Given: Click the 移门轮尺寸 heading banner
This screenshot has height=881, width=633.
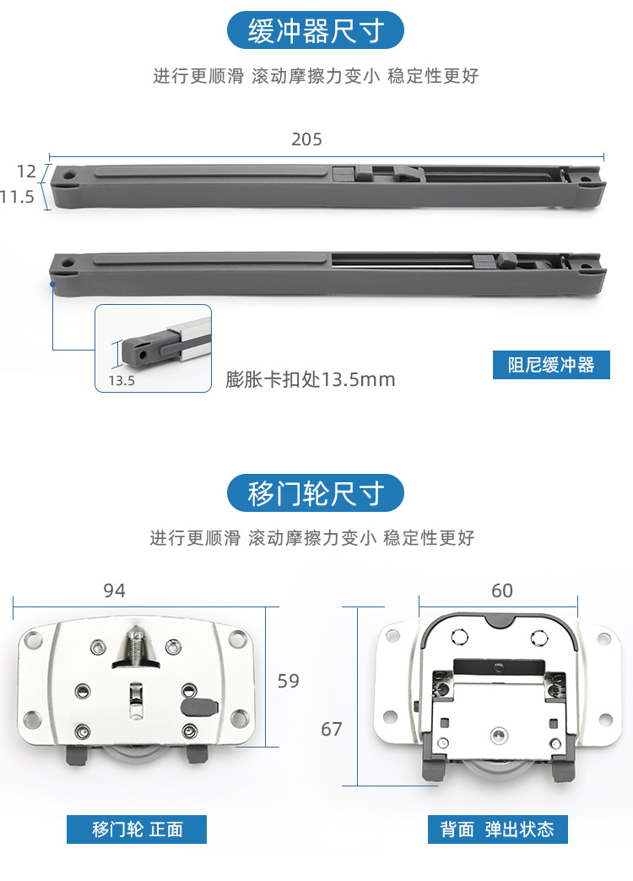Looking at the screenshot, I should coord(316,492).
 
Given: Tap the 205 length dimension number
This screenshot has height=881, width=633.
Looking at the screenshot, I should coord(306,139).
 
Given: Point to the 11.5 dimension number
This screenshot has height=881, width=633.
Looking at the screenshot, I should coord(17,198).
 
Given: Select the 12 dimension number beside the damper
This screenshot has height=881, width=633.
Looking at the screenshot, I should coord(26,171).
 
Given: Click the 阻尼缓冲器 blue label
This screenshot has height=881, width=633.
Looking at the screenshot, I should coord(551,365).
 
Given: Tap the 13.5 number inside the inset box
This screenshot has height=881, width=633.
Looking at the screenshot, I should coord(122,380).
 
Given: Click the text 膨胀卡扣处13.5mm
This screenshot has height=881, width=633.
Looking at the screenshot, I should coord(311,379).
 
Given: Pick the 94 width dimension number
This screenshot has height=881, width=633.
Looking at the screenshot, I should coord(114,590).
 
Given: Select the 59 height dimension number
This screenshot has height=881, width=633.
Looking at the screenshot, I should coord(289,681).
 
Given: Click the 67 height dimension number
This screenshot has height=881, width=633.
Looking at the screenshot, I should coord(332,728).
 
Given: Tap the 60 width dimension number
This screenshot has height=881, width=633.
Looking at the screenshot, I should coord(502,590).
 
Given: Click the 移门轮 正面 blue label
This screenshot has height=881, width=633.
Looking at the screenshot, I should coord(137,829).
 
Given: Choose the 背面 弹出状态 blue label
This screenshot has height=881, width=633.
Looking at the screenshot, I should coord(497,829).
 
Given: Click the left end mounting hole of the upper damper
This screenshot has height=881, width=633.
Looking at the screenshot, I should coord(67,178).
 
